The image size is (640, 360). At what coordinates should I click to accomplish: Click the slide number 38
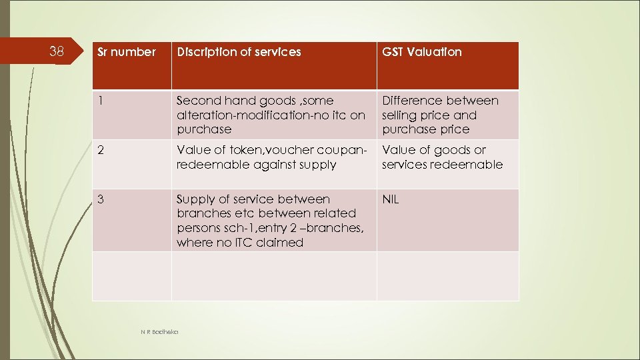[57, 51]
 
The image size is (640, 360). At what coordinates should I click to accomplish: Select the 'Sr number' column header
[127, 52]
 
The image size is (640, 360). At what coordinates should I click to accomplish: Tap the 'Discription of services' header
[239, 52]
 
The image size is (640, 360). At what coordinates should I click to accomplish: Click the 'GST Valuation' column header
[421, 52]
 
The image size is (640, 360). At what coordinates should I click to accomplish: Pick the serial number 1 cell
[101, 101]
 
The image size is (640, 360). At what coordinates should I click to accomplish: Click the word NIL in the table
[391, 199]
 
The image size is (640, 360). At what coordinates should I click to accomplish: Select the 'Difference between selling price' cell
[440, 115]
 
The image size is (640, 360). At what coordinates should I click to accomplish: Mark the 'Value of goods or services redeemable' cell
[442, 157]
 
